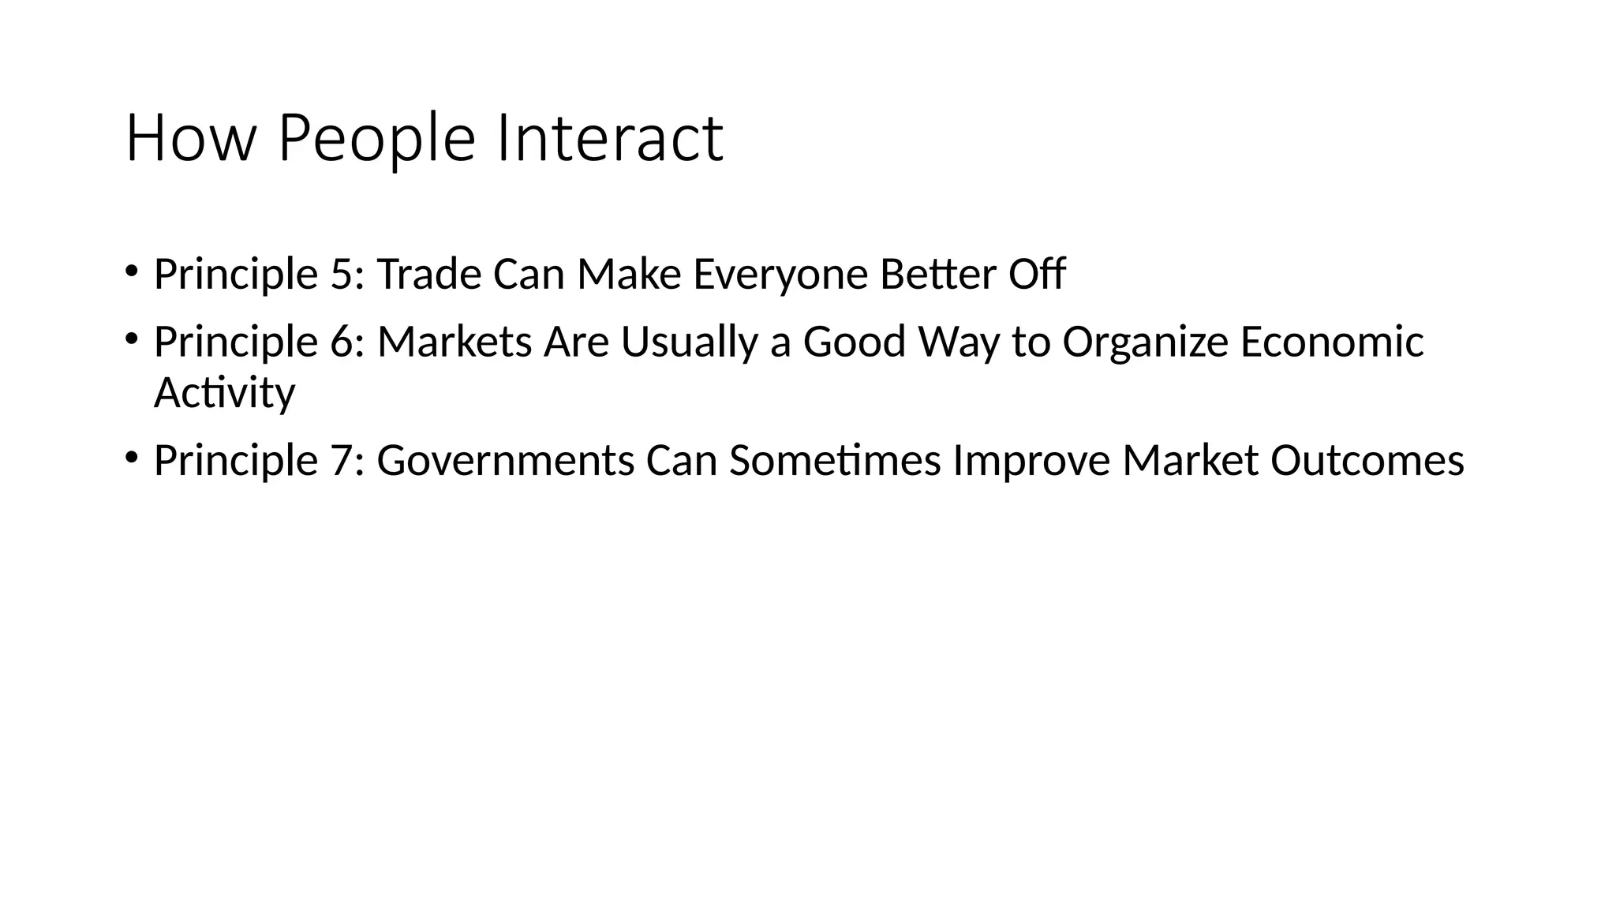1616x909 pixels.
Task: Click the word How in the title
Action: coord(191,139)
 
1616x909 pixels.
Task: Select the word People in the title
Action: coord(376,139)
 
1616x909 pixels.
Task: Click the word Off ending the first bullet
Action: coord(1037,275)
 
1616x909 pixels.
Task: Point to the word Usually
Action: coord(690,342)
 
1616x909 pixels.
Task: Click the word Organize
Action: coord(1145,342)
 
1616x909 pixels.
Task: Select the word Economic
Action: coord(1331,342)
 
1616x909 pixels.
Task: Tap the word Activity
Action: coord(224,393)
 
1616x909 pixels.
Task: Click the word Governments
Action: coord(506,461)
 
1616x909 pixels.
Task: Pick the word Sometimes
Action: coord(835,461)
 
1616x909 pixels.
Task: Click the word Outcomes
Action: coord(1367,461)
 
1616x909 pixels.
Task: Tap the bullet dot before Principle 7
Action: coord(131,456)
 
